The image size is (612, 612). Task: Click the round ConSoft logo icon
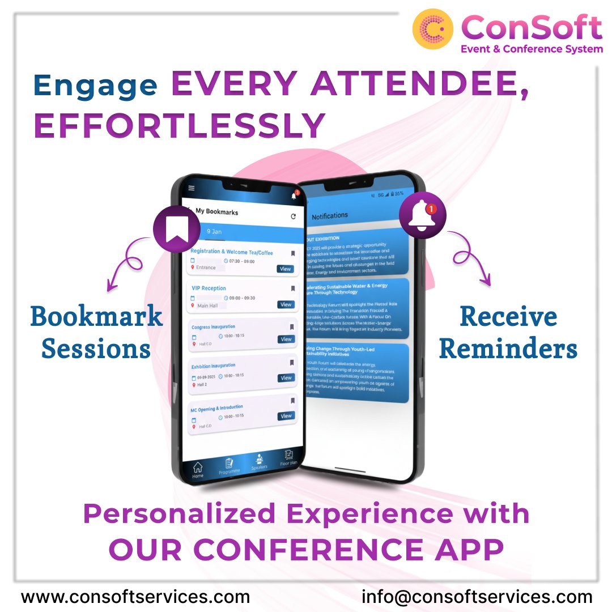pos(433,29)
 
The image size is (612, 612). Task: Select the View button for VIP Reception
pos(286,305)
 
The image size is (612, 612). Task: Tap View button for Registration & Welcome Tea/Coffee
pos(285,269)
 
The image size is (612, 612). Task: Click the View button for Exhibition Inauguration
pos(286,378)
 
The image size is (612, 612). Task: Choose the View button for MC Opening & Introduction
pos(286,416)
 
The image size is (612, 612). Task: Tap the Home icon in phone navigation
pos(198,470)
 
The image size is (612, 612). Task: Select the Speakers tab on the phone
pos(259,461)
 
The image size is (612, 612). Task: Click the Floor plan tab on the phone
pos(288,458)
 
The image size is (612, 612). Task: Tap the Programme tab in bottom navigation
pos(229,465)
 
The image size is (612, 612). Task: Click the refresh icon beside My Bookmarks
pos(293,216)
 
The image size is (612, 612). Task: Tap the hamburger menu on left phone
pos(192,188)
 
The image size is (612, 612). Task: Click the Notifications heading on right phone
pos(330,216)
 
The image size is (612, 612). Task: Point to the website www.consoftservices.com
pos(135,597)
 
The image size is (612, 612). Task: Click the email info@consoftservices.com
pos(477,597)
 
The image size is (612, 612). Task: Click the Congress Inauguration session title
pos(213,327)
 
